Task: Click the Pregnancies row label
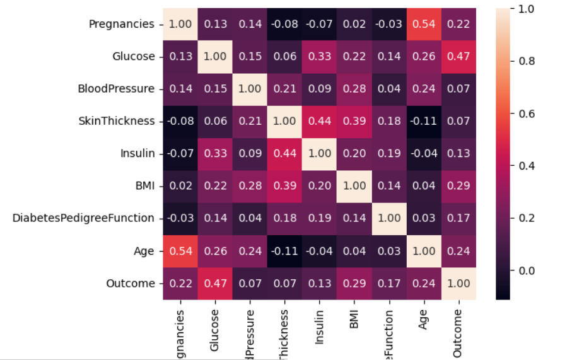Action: click(x=121, y=24)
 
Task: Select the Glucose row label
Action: click(x=134, y=56)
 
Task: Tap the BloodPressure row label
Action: click(x=116, y=89)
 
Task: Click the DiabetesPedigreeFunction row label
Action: click(x=83, y=218)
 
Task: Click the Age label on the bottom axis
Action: click(x=424, y=319)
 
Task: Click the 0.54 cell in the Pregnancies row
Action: click(x=424, y=24)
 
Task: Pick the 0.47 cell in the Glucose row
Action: click(x=459, y=56)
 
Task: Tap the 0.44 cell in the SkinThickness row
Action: click(x=320, y=121)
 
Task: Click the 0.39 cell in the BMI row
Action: click(x=285, y=186)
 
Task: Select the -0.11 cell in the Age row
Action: click(x=285, y=251)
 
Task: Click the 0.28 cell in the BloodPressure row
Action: click(x=354, y=89)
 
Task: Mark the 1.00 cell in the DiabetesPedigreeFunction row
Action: click(x=389, y=218)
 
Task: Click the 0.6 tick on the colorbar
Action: click(x=525, y=113)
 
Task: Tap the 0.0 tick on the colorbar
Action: click(x=525, y=270)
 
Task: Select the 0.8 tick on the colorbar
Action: click(x=525, y=61)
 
